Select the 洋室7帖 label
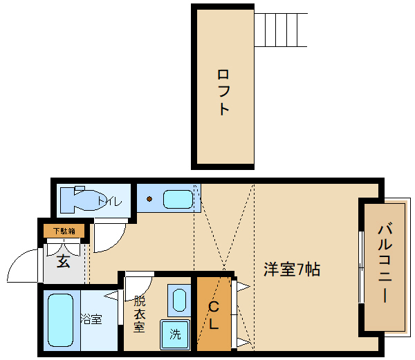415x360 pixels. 291,269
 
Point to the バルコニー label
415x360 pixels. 385,265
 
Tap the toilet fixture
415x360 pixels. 80,200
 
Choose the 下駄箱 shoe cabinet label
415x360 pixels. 64,231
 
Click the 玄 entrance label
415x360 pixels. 64,261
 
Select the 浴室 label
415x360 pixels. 91,319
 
